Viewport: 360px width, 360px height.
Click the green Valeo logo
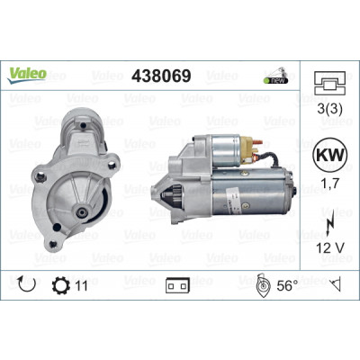tap(27, 75)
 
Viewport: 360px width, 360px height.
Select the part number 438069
tap(161, 76)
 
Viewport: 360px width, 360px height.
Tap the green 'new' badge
tap(275, 80)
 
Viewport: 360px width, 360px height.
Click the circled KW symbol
tap(329, 155)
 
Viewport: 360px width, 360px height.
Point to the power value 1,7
tap(330, 183)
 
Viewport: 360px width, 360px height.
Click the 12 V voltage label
tap(330, 247)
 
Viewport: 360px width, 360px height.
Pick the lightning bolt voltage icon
tap(329, 226)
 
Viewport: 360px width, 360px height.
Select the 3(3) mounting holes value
tap(329, 109)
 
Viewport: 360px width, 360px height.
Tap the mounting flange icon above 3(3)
tap(330, 83)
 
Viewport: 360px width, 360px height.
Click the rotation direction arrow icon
tap(27, 284)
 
